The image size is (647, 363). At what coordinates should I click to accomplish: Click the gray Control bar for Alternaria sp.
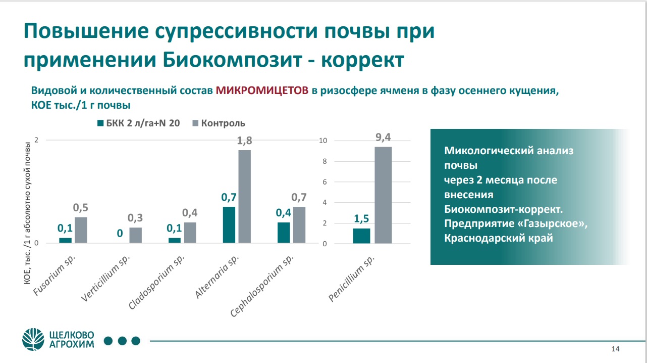(244, 197)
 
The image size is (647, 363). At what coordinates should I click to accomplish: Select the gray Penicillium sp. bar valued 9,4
(383, 195)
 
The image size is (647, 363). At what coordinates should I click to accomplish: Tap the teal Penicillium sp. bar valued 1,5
(361, 236)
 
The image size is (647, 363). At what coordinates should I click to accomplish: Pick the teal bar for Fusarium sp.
(66, 241)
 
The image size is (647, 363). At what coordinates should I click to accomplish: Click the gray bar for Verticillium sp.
(136, 236)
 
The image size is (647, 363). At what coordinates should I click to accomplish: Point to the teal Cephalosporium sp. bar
(284, 233)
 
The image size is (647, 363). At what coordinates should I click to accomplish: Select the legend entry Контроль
(223, 123)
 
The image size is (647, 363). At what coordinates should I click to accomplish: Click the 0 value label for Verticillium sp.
(120, 233)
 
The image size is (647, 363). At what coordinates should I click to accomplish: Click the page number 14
(615, 349)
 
